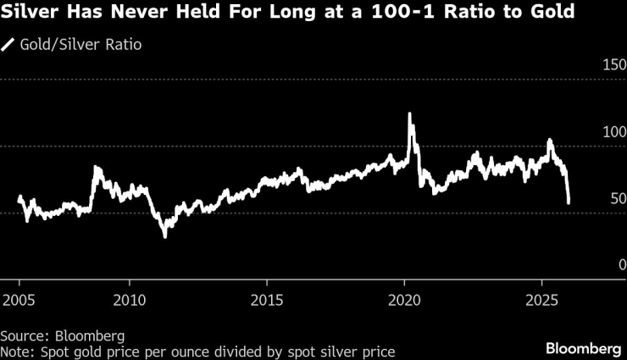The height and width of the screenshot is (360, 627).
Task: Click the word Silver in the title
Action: click(x=32, y=14)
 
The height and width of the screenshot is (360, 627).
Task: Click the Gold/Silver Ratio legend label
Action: click(x=80, y=44)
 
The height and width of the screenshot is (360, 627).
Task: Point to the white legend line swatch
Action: click(x=9, y=44)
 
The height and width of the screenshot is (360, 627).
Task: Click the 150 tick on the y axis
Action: click(x=613, y=66)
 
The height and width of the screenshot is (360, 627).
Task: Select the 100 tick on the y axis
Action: click(x=613, y=133)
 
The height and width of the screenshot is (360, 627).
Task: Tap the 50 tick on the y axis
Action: click(x=617, y=199)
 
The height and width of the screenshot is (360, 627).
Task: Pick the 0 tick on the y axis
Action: click(x=621, y=265)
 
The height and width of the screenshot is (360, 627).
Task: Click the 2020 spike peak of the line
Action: click(x=410, y=114)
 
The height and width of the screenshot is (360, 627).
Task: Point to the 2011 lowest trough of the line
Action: click(x=164, y=236)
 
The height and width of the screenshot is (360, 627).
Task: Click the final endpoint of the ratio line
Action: click(x=569, y=202)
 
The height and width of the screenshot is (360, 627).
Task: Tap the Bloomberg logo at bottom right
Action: click(x=582, y=348)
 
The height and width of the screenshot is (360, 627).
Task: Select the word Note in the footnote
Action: click(x=14, y=351)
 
